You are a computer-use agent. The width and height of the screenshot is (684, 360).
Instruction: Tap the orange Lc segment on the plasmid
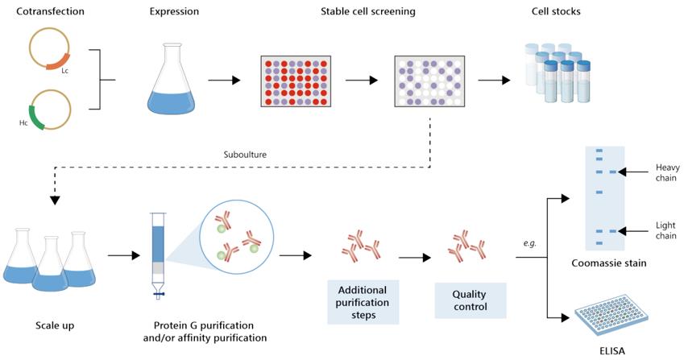(x=59, y=60)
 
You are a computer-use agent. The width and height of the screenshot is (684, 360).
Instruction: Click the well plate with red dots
(x=296, y=81)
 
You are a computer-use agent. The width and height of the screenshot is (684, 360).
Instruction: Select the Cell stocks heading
(x=556, y=11)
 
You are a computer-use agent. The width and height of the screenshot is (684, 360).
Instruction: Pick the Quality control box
(x=471, y=300)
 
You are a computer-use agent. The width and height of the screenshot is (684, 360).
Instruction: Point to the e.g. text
(x=529, y=242)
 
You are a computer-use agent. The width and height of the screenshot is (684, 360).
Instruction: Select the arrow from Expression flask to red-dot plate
(x=225, y=80)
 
